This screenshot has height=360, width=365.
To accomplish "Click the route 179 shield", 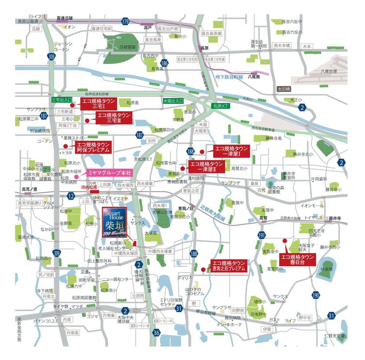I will pyautogui.click(x=125, y=22).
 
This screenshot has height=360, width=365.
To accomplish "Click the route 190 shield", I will pyautogui.click(x=316, y=295).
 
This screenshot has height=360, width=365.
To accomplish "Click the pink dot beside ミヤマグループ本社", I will pyautogui.click(x=76, y=177).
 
